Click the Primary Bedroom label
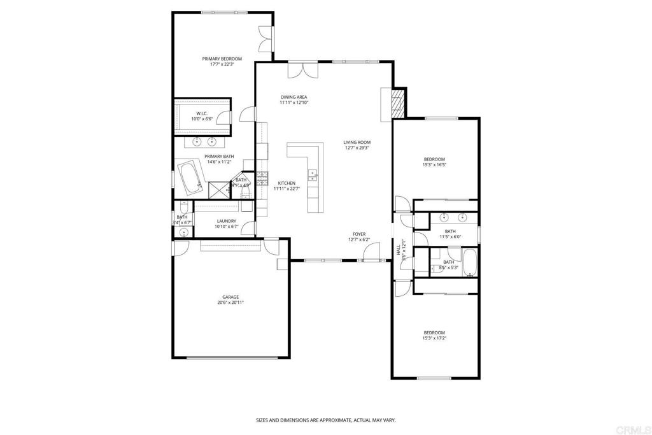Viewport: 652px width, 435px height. [x=222, y=59]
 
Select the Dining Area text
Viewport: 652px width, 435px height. [x=294, y=97]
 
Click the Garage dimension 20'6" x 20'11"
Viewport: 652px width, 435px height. [x=230, y=303]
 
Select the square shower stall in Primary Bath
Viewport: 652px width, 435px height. [x=218, y=189]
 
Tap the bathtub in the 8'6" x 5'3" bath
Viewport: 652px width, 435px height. [x=470, y=262]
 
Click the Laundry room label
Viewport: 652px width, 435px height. [x=227, y=221]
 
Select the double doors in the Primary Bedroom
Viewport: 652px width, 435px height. [x=266, y=39]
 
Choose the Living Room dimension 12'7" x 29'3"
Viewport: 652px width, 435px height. [x=357, y=148]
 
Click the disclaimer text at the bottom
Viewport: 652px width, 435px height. [x=325, y=420]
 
